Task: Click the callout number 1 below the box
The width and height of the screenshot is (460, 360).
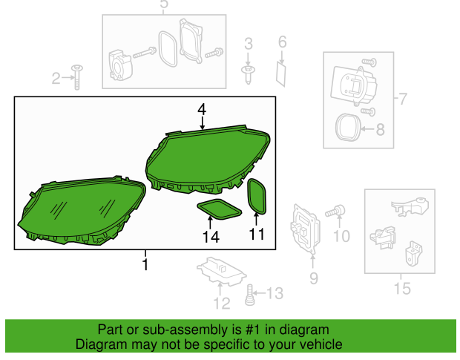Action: point(145,264)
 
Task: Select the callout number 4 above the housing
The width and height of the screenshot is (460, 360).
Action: point(201,110)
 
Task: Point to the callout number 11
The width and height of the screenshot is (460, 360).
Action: point(256,235)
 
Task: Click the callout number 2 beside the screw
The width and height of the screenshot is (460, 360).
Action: point(56,78)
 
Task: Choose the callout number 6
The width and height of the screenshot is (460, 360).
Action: point(282,43)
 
